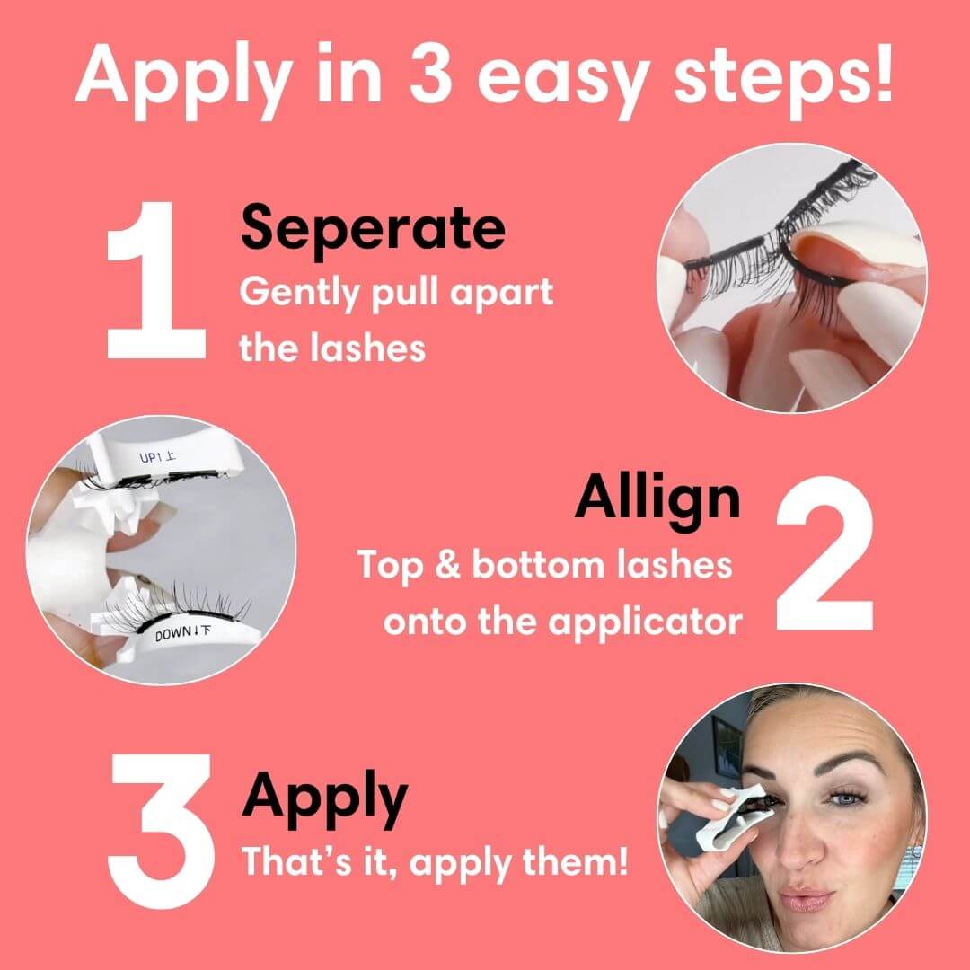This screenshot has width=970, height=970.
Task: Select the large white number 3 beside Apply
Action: point(162,819)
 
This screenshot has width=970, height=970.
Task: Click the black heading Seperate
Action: point(373,228)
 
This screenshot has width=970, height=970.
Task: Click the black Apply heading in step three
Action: point(324,795)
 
